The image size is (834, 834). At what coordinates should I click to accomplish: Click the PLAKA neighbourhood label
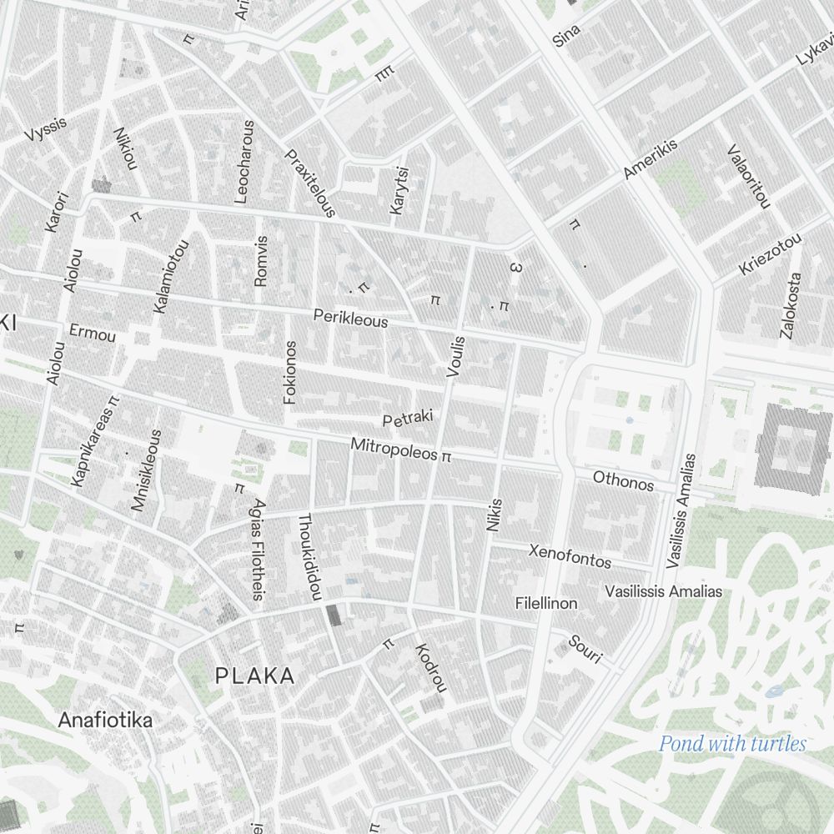(x=255, y=676)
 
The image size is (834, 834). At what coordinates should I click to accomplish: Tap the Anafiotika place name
(x=105, y=720)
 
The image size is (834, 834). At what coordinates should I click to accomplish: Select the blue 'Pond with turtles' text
(x=732, y=744)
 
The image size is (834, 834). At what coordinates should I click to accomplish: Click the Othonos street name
(x=623, y=481)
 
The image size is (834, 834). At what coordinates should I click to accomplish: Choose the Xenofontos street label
(x=570, y=555)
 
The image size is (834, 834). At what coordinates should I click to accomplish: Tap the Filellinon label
(x=546, y=603)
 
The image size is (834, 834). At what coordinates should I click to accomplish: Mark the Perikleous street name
(x=350, y=318)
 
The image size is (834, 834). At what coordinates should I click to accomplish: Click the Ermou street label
(x=93, y=333)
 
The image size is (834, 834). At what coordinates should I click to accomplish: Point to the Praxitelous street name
(x=310, y=183)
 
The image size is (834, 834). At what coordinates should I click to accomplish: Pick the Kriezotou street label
(x=770, y=254)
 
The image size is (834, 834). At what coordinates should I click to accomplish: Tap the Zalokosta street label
(x=790, y=305)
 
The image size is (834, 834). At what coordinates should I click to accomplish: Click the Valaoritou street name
(x=749, y=176)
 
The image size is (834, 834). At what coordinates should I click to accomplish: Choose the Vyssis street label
(x=45, y=129)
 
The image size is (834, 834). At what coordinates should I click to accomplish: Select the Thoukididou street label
(x=309, y=556)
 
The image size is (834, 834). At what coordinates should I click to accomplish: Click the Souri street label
(x=585, y=650)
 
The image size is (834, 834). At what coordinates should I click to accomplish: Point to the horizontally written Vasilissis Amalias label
(x=663, y=591)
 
